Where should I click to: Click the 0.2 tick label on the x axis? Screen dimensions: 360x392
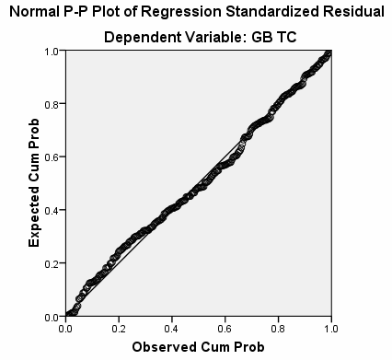click(119, 327)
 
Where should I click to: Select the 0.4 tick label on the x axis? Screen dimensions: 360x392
click(171, 327)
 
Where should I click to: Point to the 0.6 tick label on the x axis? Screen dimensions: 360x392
click(224, 327)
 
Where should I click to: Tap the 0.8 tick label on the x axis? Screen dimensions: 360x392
click(277, 327)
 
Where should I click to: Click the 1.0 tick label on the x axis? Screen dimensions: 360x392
click(329, 327)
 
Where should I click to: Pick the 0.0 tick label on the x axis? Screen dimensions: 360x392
click(66, 327)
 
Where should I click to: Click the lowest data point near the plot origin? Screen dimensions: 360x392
click(69, 315)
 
